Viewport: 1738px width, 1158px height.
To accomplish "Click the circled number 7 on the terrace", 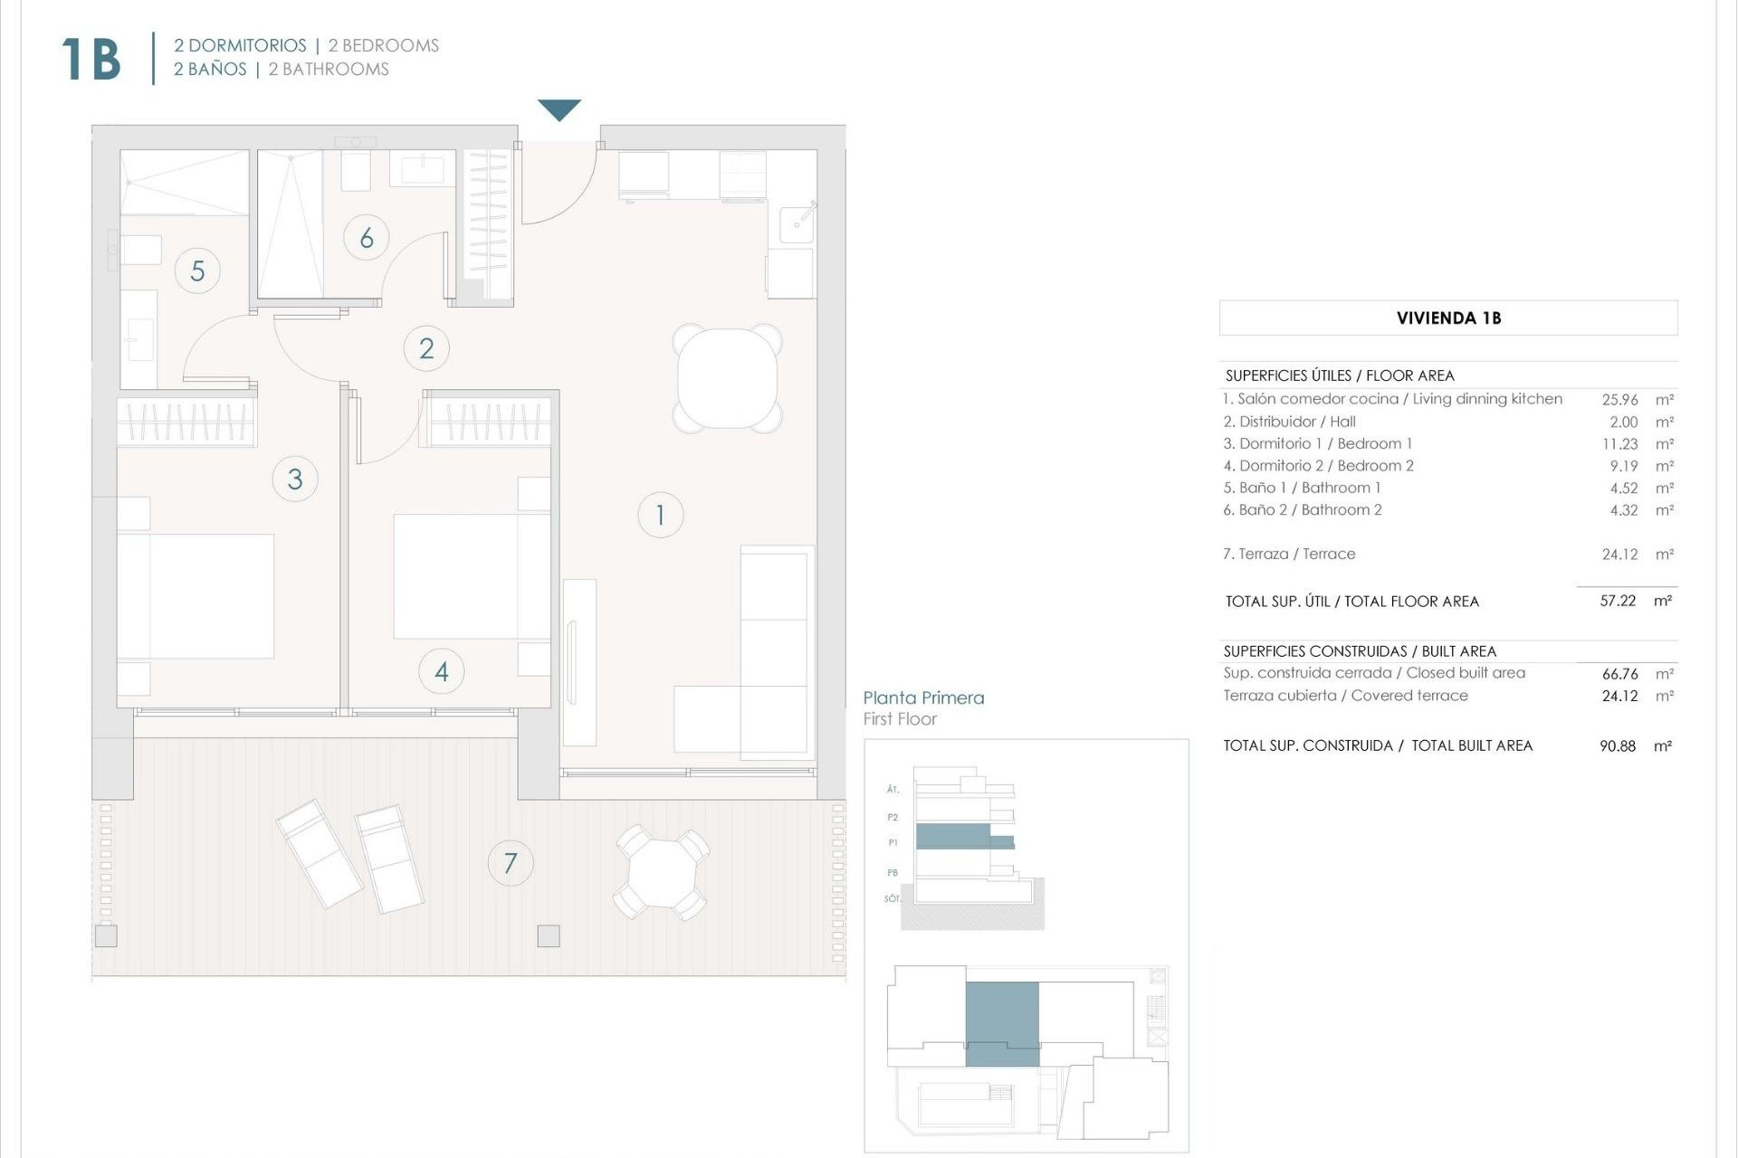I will (511, 863).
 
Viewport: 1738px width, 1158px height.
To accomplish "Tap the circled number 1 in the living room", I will (660, 515).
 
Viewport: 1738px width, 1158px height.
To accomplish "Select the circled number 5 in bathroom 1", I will (197, 271).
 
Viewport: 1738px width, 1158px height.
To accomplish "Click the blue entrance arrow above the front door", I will (559, 109).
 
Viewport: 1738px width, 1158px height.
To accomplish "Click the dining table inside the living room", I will (727, 378).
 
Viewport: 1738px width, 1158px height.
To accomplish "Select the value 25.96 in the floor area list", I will (1619, 399).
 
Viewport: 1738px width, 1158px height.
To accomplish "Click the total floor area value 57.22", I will (1618, 601).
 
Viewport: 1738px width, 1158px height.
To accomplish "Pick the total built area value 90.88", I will (1618, 746).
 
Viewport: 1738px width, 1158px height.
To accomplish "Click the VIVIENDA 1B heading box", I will (1448, 318).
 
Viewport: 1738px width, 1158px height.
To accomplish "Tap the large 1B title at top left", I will (91, 60).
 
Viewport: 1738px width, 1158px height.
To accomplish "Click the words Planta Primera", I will (923, 698).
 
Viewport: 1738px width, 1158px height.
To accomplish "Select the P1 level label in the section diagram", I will (893, 842).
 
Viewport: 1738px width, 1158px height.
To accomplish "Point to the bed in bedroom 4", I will (471, 576).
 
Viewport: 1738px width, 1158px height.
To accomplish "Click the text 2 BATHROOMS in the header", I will (329, 70).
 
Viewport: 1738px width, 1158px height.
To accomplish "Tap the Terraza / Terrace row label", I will (1289, 554).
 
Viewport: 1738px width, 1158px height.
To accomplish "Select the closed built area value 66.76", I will (1619, 674).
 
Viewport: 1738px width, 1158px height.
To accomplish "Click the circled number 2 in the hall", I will (426, 348).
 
